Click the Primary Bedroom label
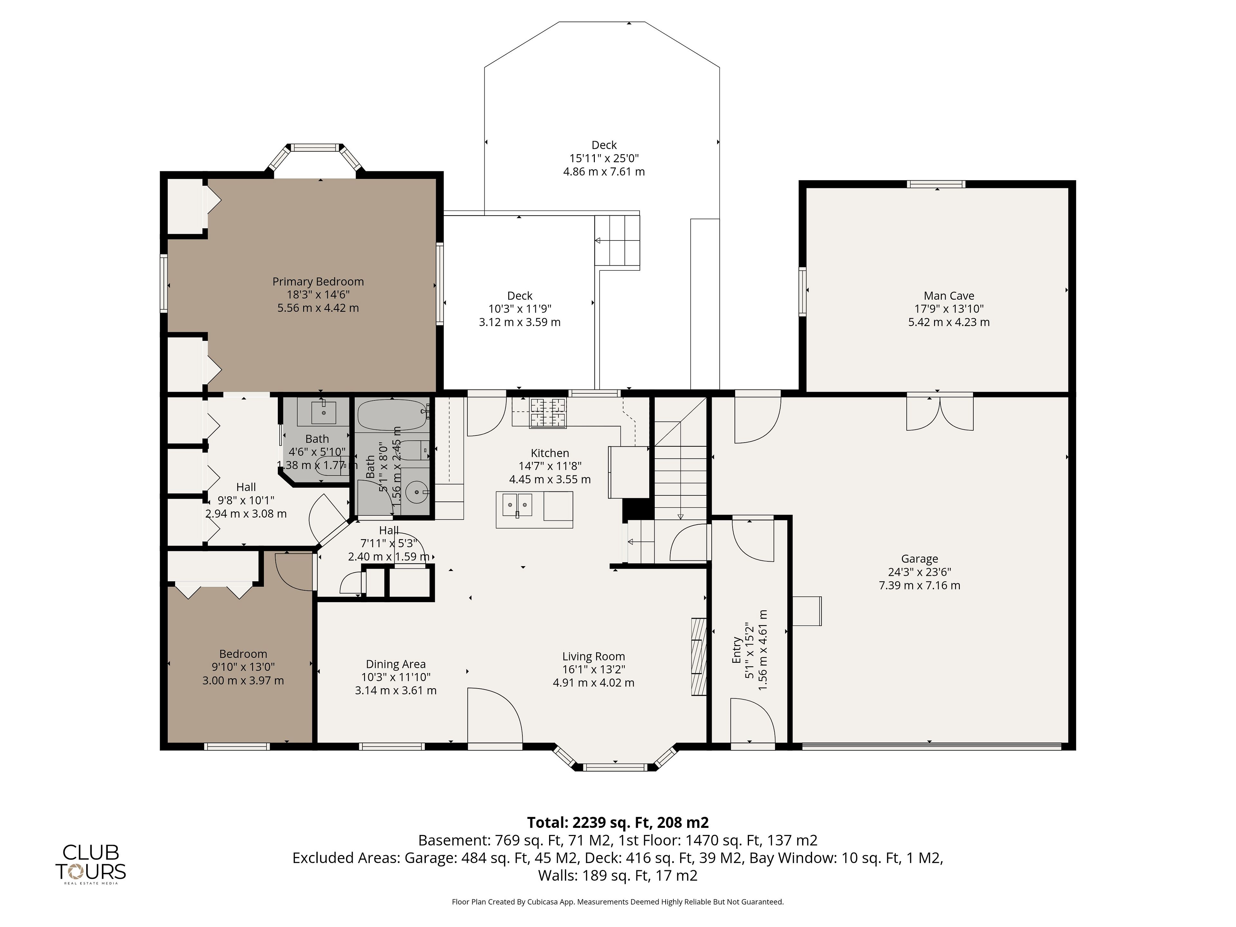point(318,282)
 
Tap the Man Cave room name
point(949,295)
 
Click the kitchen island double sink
point(518,505)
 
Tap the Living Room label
point(594,657)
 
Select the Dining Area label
point(396,664)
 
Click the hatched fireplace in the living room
point(698,656)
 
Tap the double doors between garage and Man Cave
point(940,411)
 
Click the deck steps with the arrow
point(617,241)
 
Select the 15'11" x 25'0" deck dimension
point(604,158)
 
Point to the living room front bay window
point(615,759)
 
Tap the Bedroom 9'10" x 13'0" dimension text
point(243,667)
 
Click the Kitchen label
point(550,453)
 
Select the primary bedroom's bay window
point(316,159)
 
